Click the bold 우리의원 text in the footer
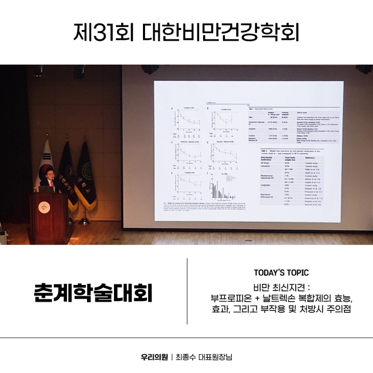[x=154, y=357]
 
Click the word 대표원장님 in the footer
[x=219, y=357]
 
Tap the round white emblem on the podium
[x=44, y=208]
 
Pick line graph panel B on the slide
[x=224, y=122]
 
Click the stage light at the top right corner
[x=364, y=69]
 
